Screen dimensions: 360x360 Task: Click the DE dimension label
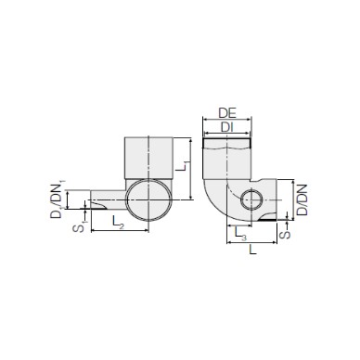pyautogui.click(x=227, y=113)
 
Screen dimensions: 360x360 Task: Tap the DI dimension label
pyautogui.click(x=227, y=127)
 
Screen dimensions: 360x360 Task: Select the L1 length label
pyautogui.click(x=182, y=165)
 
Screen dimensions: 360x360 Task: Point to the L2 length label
pyautogui.click(x=118, y=222)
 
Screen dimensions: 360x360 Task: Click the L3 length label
pyautogui.click(x=240, y=233)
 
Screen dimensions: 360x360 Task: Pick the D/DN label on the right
pyautogui.click(x=302, y=199)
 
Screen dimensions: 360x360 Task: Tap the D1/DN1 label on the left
pyautogui.click(x=58, y=199)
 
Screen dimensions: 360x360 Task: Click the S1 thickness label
pyautogui.click(x=79, y=227)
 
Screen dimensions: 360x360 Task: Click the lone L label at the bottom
pyautogui.click(x=253, y=250)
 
